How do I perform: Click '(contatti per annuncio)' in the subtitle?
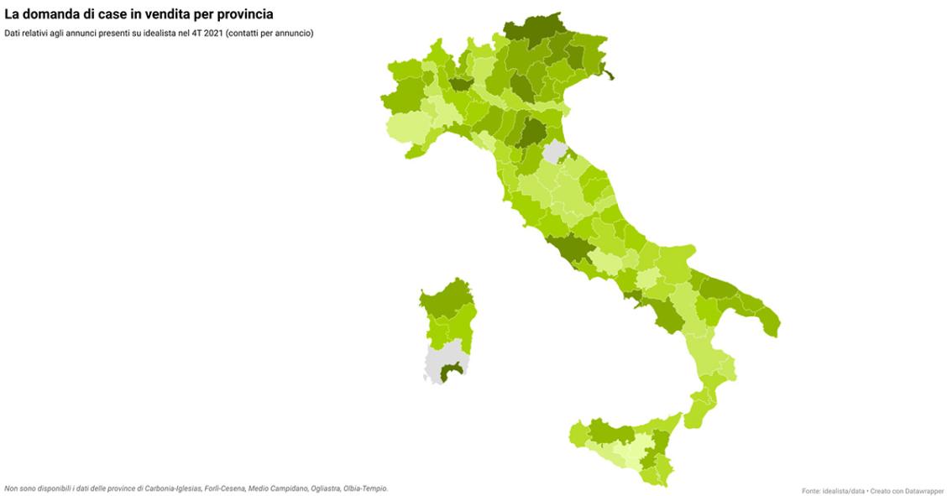coord(269,34)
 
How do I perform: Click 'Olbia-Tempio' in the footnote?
coord(365,488)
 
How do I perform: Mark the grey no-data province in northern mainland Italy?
coord(554,153)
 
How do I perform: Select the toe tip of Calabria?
coord(695,415)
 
